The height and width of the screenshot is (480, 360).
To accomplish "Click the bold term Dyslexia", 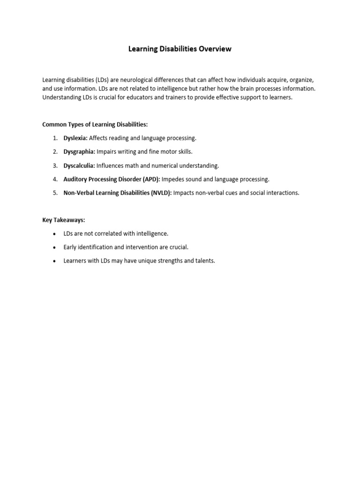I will point(75,138).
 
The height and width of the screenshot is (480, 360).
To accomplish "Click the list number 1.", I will point(55,138).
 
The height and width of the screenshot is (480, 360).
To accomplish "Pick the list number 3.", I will point(55,165).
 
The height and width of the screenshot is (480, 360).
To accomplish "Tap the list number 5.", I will point(55,193).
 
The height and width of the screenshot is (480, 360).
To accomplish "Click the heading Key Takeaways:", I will point(64,220).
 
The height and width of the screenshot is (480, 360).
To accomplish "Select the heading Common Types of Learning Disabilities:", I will point(95,125).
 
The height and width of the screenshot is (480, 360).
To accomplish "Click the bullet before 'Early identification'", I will point(54,247).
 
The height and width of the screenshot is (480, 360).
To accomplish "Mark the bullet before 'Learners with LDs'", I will point(54,261).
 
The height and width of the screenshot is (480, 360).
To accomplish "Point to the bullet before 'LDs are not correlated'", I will point(54,234).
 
